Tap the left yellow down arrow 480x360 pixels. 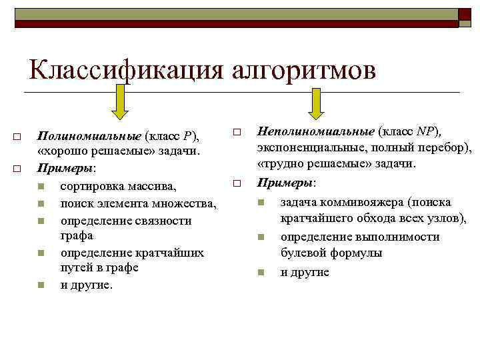[x=119, y=104]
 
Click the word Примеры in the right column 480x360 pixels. [x=285, y=182]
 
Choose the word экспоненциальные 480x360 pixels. [x=310, y=147]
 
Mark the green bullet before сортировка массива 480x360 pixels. [x=41, y=186]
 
